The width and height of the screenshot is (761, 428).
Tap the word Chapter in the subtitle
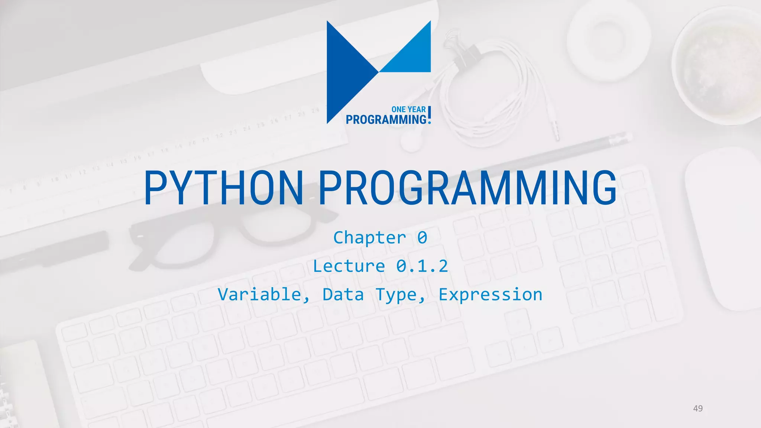click(370, 238)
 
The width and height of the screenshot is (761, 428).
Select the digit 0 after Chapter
click(422, 238)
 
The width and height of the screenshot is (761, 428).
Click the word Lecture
click(349, 266)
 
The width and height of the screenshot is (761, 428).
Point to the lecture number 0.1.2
click(422, 266)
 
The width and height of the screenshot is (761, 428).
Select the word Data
click(343, 295)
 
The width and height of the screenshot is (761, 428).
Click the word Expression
click(490, 295)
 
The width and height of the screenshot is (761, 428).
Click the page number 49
click(698, 409)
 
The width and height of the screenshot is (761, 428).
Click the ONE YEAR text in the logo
click(408, 110)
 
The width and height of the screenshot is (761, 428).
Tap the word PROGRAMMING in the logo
click(386, 120)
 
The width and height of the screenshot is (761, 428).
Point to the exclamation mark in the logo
click(430, 114)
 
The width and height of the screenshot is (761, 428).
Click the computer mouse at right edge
click(725, 227)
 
